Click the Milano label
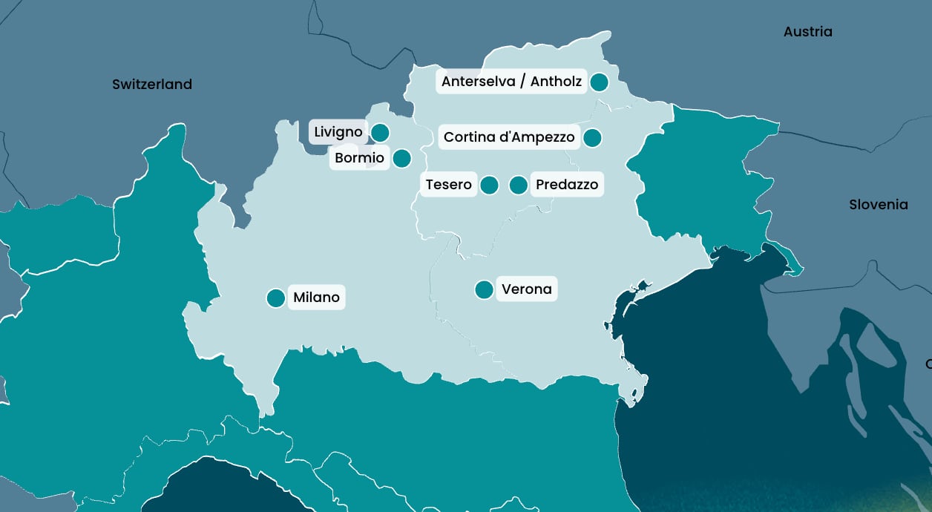(x=316, y=298)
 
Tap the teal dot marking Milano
(x=276, y=298)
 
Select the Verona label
(x=527, y=289)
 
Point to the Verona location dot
(x=484, y=289)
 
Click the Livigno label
(x=338, y=132)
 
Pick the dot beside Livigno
(x=380, y=133)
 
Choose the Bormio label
(x=360, y=158)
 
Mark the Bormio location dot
(x=401, y=158)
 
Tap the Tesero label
(x=449, y=185)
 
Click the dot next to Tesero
(x=489, y=185)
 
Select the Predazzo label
(x=567, y=185)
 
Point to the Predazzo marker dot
(x=519, y=185)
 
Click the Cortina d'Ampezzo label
(x=509, y=137)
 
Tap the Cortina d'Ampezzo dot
(x=592, y=137)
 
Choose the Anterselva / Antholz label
(x=511, y=82)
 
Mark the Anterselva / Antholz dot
(x=600, y=82)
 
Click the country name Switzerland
(x=152, y=85)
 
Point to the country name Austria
(x=808, y=32)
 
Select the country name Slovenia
(x=879, y=205)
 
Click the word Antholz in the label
(x=556, y=82)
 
